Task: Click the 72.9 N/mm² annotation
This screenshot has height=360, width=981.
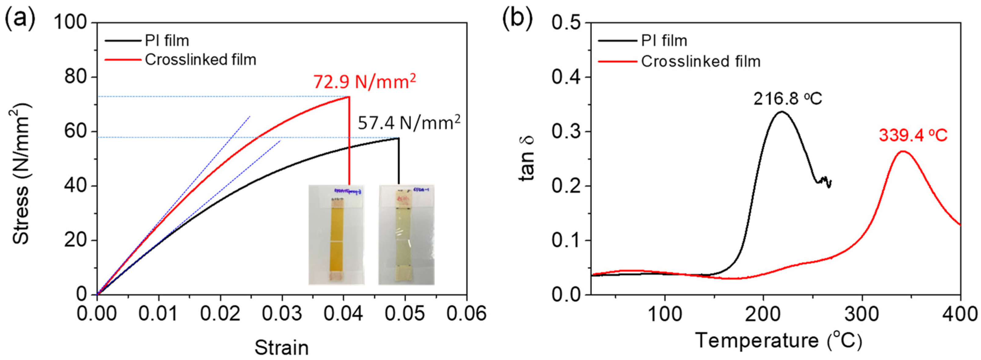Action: [x=364, y=82]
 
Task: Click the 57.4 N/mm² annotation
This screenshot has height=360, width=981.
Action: [x=409, y=123]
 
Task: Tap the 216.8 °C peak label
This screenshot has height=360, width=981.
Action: [x=788, y=99]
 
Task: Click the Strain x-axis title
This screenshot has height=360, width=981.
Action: [x=281, y=347]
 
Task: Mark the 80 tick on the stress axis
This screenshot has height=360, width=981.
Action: [x=75, y=77]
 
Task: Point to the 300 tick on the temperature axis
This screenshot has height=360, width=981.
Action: [x=862, y=314]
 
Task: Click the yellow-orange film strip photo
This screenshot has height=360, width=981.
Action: [x=336, y=234]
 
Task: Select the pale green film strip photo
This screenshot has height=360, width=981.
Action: [x=406, y=234]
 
